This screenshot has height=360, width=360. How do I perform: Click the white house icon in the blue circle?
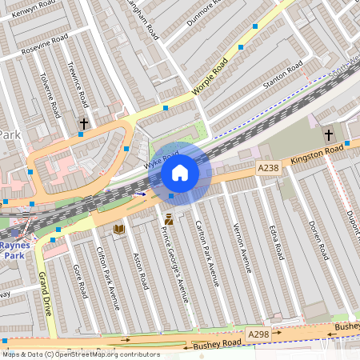[180, 173]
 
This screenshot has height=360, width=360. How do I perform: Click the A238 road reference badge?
[269, 167]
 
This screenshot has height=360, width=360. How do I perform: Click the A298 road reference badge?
[258, 334]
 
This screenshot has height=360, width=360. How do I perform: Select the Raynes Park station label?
[14, 250]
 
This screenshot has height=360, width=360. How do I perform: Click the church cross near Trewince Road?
[84, 124]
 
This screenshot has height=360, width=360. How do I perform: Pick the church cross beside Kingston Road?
[329, 134]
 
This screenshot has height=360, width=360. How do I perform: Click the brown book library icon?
[119, 230]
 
